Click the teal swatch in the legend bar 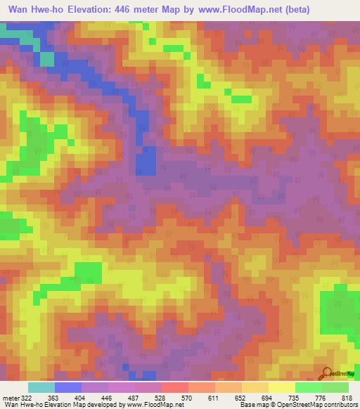(41, 387)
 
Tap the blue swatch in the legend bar (68, 387)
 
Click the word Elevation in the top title (100, 9)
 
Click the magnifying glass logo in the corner (327, 373)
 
